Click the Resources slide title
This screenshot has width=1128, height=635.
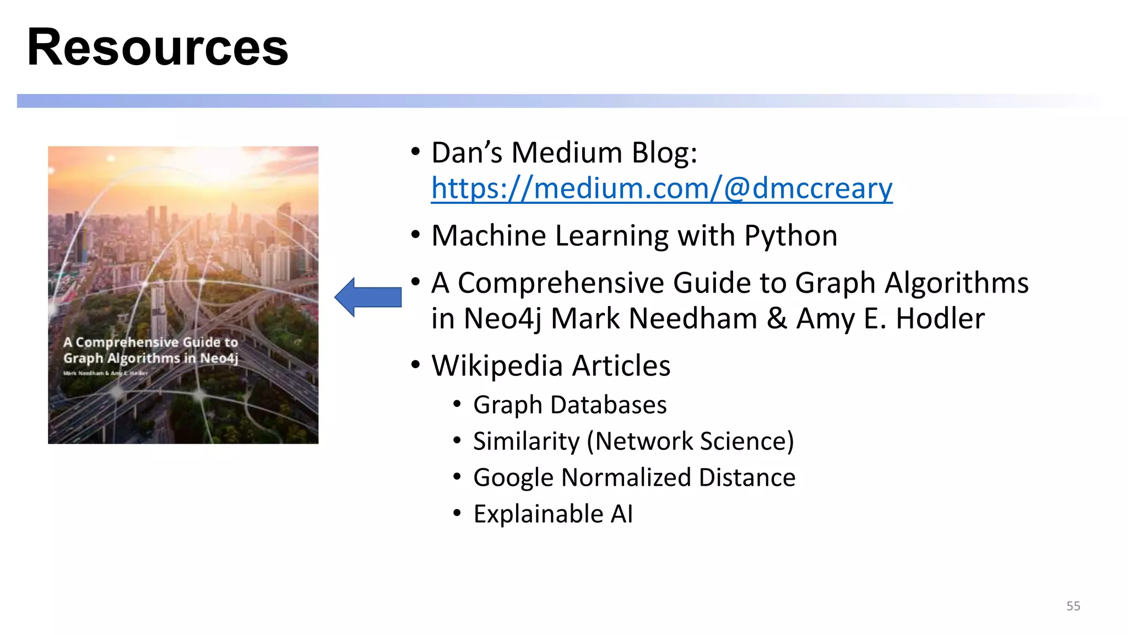click(x=158, y=47)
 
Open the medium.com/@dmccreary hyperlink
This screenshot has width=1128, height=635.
click(x=661, y=189)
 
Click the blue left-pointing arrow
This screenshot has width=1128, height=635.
click(x=368, y=297)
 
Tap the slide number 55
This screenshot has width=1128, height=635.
click(x=1073, y=606)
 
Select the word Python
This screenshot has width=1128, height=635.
click(x=790, y=236)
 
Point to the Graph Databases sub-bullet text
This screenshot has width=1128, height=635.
click(x=570, y=405)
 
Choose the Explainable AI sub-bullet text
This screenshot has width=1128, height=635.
click(x=553, y=514)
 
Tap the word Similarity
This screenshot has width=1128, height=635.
click(x=526, y=442)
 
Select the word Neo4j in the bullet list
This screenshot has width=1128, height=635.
click(x=502, y=319)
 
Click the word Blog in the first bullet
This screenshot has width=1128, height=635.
click(x=664, y=153)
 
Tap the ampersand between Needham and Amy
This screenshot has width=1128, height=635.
click(x=777, y=319)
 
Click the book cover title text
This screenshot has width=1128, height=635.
click(x=150, y=350)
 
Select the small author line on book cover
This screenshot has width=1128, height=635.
click(x=105, y=373)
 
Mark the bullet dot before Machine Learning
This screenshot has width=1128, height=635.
click(x=415, y=235)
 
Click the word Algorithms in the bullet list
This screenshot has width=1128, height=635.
click(x=956, y=283)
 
